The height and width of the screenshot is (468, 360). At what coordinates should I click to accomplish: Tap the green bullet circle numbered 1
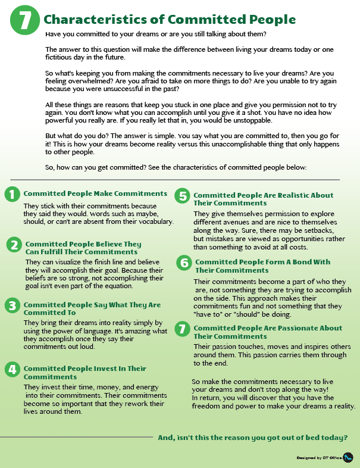[11, 194]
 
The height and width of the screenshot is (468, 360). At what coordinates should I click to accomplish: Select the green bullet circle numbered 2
[14, 245]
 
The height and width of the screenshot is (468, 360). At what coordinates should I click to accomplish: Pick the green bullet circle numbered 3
[11, 305]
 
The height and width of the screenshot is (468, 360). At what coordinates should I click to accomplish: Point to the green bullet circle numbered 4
[11, 370]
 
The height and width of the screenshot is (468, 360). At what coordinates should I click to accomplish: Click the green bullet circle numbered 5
[183, 196]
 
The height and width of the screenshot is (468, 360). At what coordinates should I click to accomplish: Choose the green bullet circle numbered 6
[184, 263]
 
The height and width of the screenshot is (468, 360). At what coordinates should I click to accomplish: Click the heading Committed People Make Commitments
[95, 194]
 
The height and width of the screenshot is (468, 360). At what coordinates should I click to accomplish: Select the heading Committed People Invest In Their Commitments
[84, 372]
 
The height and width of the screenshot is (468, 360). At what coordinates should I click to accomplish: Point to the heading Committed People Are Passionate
[268, 332]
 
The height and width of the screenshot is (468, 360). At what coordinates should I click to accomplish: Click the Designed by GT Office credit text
[320, 458]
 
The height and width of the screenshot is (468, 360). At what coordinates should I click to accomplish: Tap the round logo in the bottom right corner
[349, 457]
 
